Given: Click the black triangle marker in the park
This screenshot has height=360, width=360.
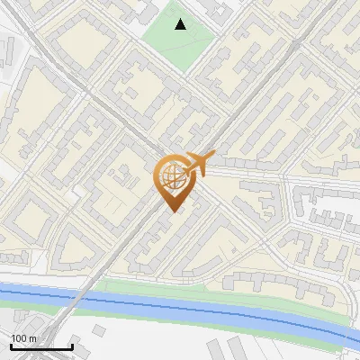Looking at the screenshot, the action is [181, 24].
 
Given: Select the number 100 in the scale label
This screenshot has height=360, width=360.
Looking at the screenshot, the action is [19, 338].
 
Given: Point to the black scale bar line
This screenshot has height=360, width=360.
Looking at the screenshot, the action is [40, 347].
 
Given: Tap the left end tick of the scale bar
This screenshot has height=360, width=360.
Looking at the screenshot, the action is [10, 346].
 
